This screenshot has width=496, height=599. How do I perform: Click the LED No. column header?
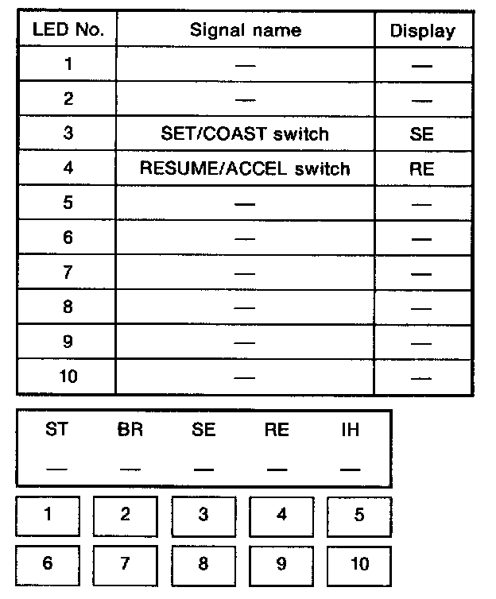point(67,31)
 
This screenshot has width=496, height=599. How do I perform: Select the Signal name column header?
point(246,31)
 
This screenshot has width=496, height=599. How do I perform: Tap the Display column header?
point(422,31)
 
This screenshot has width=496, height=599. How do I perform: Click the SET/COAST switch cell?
point(245,133)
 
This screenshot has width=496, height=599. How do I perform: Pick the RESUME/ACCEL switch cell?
point(245,168)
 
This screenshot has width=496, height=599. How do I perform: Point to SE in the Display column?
point(422,133)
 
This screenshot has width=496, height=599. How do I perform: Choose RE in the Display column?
point(422,168)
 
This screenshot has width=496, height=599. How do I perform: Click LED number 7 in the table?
point(68,272)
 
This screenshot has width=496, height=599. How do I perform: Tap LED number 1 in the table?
point(68,64)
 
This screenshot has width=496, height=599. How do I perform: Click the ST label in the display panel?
point(56,430)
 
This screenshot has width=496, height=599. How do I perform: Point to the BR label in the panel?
point(130,430)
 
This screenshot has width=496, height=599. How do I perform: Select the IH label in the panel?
point(350,430)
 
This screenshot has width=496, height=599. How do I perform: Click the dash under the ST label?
point(56,468)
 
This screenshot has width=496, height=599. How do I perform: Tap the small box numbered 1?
point(48,514)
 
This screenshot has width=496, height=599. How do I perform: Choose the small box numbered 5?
point(359,514)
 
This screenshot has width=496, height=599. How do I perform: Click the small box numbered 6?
point(48,564)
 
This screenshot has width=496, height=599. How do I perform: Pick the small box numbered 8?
point(203,564)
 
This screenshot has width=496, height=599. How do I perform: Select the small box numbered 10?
point(359,564)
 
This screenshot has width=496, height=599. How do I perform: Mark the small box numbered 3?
point(203,514)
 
